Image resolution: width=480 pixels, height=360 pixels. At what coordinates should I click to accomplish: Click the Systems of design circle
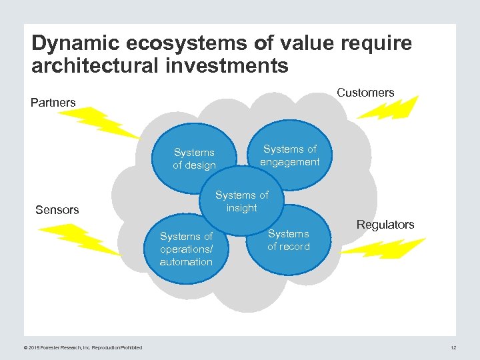(194, 158)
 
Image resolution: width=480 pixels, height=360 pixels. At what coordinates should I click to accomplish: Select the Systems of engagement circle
(290, 156)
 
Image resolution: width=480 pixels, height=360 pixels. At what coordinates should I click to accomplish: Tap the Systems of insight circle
(242, 201)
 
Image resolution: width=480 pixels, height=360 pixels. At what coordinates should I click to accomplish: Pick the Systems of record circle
(289, 240)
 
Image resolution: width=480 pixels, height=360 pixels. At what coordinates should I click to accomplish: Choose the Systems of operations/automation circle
(186, 249)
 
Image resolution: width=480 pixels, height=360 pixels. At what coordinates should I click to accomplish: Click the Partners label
(53, 103)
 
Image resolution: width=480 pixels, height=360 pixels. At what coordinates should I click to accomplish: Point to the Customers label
(365, 93)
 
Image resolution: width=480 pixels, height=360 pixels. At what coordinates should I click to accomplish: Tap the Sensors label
(57, 210)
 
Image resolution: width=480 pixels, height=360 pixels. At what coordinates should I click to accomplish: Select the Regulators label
(385, 225)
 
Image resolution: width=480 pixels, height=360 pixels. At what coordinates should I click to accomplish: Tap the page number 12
(453, 347)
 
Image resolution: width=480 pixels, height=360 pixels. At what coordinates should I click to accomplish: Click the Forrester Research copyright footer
(83, 347)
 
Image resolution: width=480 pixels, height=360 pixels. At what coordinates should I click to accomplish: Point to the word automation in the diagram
(186, 262)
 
